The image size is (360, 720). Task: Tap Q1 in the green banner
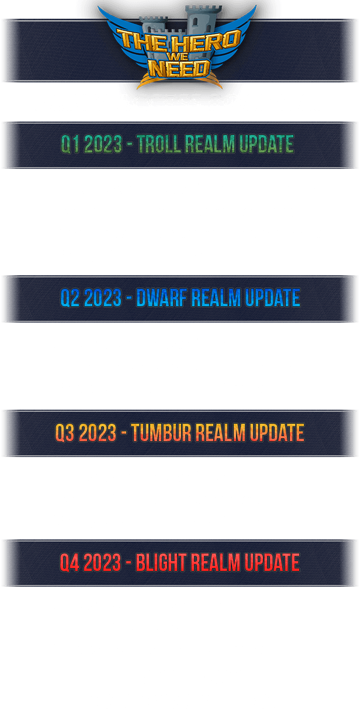[x=70, y=144]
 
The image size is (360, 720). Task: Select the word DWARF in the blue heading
[x=162, y=297]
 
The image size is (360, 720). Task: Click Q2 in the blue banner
[x=70, y=297]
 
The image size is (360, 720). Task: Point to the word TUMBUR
[x=161, y=432]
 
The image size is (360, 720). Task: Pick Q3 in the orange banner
[x=65, y=432]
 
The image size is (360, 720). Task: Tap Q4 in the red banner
[x=70, y=562]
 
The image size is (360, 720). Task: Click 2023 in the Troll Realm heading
[x=103, y=144]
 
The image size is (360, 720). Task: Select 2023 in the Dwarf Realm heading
[x=103, y=297]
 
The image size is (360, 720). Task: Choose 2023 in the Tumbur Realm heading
[x=98, y=432]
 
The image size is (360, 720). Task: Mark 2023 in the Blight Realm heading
[x=102, y=562]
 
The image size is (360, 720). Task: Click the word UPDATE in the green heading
[x=266, y=144]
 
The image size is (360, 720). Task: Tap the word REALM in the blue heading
[x=216, y=297]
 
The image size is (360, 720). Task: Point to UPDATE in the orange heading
[x=277, y=432]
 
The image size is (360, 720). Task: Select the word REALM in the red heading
[x=215, y=562]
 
